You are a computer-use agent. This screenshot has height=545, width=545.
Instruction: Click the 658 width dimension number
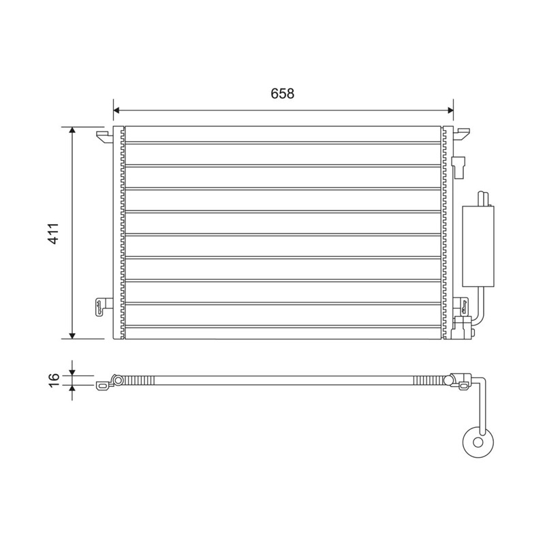point(282,93)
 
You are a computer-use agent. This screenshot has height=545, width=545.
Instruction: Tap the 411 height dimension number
point(54,233)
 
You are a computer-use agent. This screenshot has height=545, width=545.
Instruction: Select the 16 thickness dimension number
point(54,380)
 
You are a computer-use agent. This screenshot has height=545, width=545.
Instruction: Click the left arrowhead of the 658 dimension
point(116,110)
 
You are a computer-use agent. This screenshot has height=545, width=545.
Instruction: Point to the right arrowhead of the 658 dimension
point(450,110)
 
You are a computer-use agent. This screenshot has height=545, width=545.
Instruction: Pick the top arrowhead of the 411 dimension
point(72,130)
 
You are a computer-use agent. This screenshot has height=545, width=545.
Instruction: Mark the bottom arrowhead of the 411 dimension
point(72,335)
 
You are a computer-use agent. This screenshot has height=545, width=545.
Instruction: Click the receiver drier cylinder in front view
point(478,247)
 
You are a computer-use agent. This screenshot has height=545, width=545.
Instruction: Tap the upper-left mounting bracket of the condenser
point(104,136)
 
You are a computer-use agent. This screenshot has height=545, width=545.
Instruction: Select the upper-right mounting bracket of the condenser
point(462,134)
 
